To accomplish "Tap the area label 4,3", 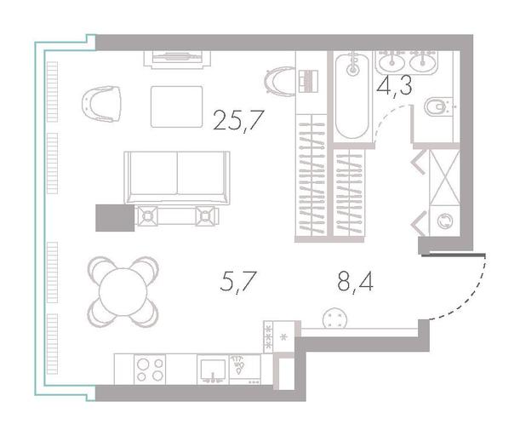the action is click(x=395, y=86).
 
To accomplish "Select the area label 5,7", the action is click(x=238, y=282).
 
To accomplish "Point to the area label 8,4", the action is click(x=355, y=283).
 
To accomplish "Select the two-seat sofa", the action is click(x=177, y=177).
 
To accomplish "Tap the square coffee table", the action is click(x=176, y=106).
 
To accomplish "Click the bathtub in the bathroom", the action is click(x=352, y=95).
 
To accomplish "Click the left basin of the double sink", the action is click(x=393, y=61).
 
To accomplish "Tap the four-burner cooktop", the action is click(x=150, y=370).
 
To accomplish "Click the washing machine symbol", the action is click(x=444, y=221).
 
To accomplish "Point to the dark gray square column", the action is click(x=115, y=218).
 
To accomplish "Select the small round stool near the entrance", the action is click(x=334, y=318).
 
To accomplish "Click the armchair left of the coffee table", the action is click(x=101, y=104).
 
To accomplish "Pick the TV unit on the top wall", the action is click(x=178, y=59).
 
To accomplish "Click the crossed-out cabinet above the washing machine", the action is click(x=444, y=177).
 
